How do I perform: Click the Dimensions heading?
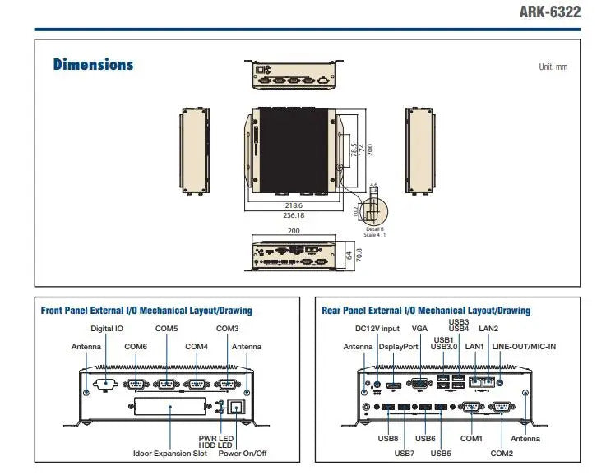tap(93, 64)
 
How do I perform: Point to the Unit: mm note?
tap(553, 67)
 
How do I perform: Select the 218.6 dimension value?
tap(293, 205)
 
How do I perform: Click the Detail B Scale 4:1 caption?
tap(375, 232)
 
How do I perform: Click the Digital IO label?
tap(107, 329)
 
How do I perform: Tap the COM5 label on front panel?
tap(166, 329)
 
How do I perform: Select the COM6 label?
tap(136, 347)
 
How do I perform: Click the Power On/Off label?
tap(242, 453)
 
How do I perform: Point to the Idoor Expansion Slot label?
tap(170, 453)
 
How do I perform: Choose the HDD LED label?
tap(215, 445)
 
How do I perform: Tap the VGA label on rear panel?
tap(420, 329)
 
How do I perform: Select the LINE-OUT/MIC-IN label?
tap(524, 347)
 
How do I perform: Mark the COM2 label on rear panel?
tap(502, 453)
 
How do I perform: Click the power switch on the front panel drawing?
tap(238, 407)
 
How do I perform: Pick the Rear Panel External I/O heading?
tap(425, 311)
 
